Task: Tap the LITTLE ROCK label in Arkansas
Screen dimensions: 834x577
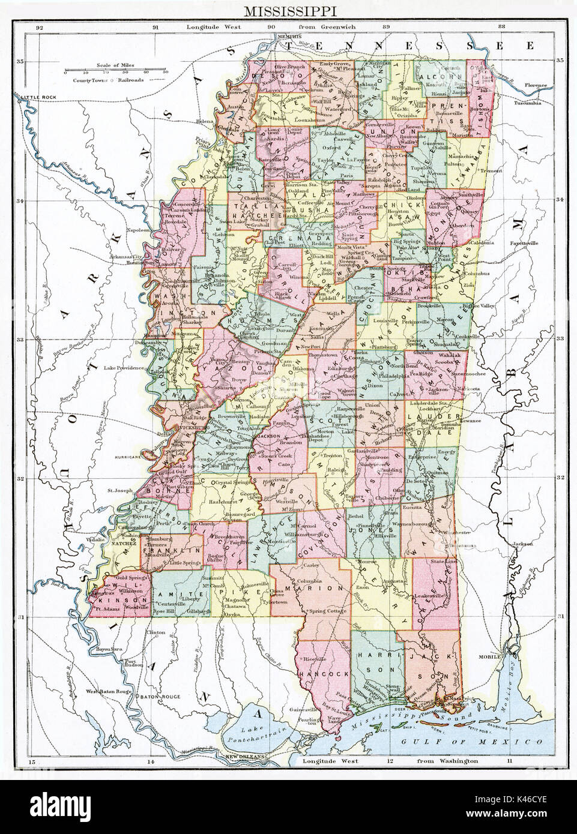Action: click(37, 97)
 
